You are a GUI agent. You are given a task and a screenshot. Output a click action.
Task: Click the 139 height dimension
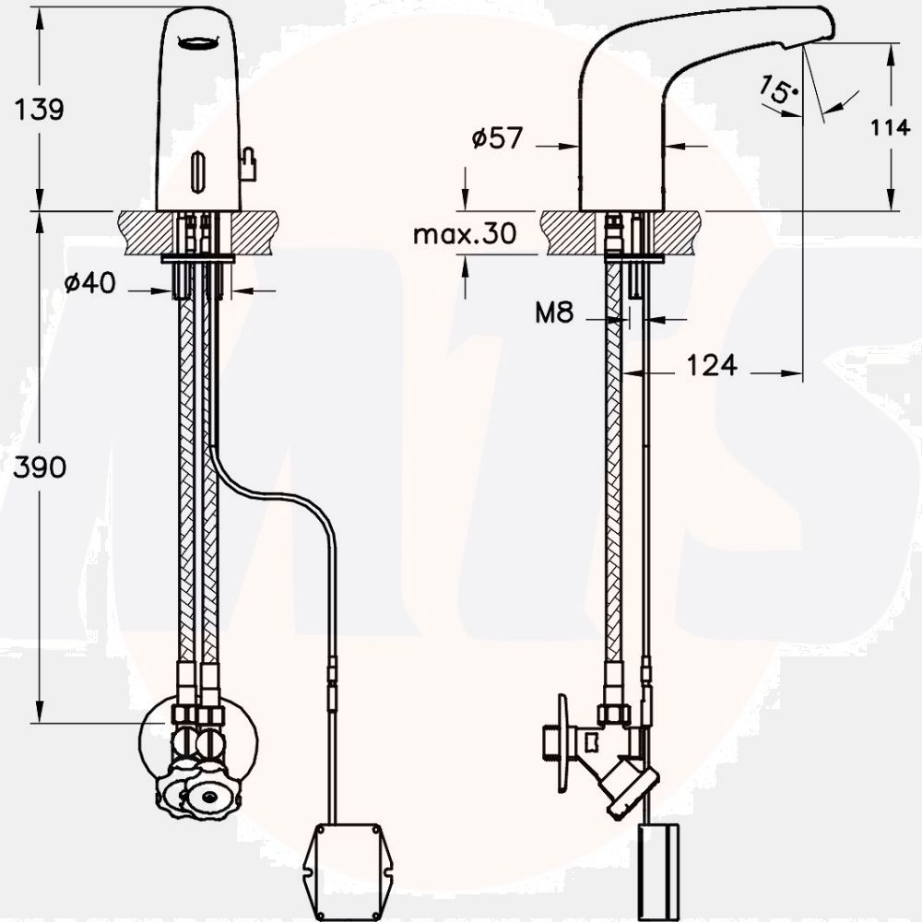(x=39, y=110)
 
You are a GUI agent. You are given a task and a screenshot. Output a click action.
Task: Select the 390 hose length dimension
(x=39, y=467)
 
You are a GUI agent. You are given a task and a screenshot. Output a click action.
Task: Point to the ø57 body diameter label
(x=497, y=139)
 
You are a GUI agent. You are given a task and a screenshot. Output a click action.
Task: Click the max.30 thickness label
(x=464, y=234)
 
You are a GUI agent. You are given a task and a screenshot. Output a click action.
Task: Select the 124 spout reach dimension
(x=711, y=366)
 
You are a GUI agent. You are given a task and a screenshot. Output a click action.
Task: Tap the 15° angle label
(x=776, y=89)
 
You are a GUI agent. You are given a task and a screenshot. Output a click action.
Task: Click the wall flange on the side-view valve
(x=560, y=743)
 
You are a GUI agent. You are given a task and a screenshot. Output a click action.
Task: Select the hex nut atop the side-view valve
(x=612, y=714)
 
